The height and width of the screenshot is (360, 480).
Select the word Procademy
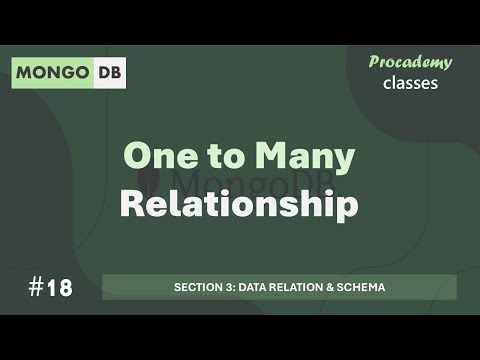[x=410, y=62]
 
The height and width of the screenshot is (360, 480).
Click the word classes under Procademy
[x=410, y=83]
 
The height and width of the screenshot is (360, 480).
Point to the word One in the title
[x=158, y=157]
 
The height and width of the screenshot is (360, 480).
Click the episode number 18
[x=59, y=288]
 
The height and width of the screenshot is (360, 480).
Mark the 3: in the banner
[x=228, y=288]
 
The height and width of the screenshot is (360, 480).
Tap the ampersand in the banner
[x=332, y=288]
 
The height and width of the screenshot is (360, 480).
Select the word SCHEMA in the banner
[x=362, y=288]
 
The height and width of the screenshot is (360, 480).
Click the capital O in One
[x=137, y=157]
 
